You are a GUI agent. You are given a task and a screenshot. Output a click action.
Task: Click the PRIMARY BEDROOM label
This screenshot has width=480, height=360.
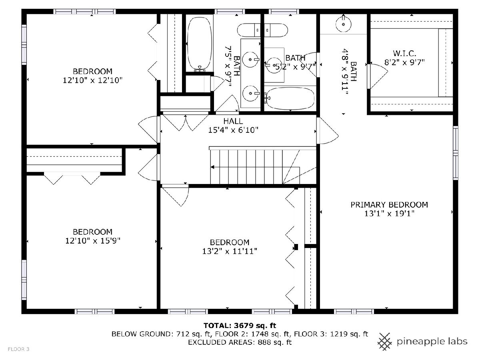pyautogui.click(x=389, y=205)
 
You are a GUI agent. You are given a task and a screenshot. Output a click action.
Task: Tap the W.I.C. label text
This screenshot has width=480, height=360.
pyautogui.click(x=404, y=53)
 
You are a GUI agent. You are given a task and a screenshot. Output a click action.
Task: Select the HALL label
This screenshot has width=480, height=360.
pyautogui.click(x=233, y=121)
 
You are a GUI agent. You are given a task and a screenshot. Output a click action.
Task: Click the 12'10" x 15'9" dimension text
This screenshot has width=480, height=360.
pyautogui.click(x=93, y=241)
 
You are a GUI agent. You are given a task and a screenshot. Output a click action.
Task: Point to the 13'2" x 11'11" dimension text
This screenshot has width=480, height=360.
pyautogui.click(x=229, y=251)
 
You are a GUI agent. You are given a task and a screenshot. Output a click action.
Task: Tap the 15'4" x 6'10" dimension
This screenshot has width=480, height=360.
pyautogui.click(x=233, y=130)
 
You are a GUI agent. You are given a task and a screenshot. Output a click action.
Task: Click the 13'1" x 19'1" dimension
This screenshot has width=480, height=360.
pyautogui.click(x=389, y=214)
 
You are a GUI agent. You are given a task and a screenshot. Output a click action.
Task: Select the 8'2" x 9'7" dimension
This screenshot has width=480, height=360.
pyautogui.click(x=404, y=62)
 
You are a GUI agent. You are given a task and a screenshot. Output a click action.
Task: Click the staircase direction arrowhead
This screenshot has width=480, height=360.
pyautogui.click(x=212, y=167)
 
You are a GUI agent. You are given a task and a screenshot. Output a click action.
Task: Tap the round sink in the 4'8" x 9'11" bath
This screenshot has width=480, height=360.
pyautogui.click(x=343, y=24)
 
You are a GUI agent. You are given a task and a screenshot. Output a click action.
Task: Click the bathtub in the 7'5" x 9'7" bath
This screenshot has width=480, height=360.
pyautogui.click(x=200, y=44)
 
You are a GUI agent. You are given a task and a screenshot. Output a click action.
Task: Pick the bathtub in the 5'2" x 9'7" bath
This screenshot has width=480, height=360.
pyautogui.click(x=290, y=98)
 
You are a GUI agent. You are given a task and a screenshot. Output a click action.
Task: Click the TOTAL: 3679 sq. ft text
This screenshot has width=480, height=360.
pyautogui.click(x=240, y=326)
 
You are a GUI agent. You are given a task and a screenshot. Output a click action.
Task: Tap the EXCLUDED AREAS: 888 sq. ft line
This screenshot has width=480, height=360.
pyautogui.click(x=240, y=342)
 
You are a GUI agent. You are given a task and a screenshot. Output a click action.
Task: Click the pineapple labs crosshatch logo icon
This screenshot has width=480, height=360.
pyautogui.click(x=385, y=342)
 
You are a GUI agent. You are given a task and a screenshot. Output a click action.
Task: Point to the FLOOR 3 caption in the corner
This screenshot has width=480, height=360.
pyautogui.click(x=18, y=349)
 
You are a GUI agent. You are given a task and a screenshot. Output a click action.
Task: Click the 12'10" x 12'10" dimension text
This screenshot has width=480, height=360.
pyautogui.click(x=92, y=80)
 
